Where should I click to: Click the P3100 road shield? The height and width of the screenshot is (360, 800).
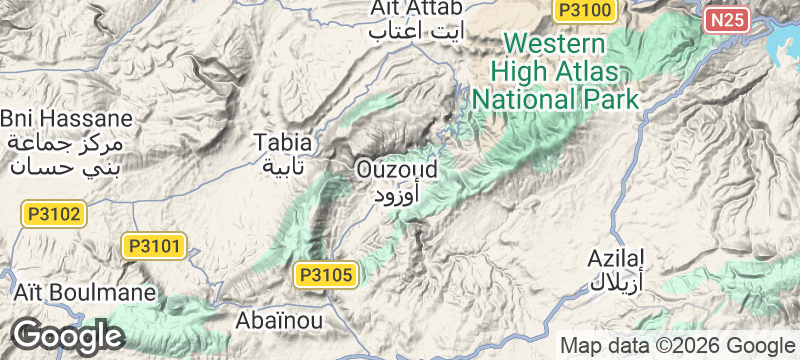click(585, 9)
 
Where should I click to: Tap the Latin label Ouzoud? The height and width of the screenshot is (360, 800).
click(398, 170)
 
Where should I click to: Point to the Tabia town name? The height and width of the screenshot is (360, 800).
click(283, 141)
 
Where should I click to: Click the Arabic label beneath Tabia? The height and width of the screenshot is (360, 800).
click(284, 164)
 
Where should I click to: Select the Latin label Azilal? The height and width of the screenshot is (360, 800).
click(614, 257)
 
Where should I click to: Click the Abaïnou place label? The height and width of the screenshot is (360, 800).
click(278, 321)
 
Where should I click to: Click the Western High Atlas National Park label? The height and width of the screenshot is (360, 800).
click(555, 72)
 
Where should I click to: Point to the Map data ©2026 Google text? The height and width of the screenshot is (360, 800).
click(676, 346)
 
